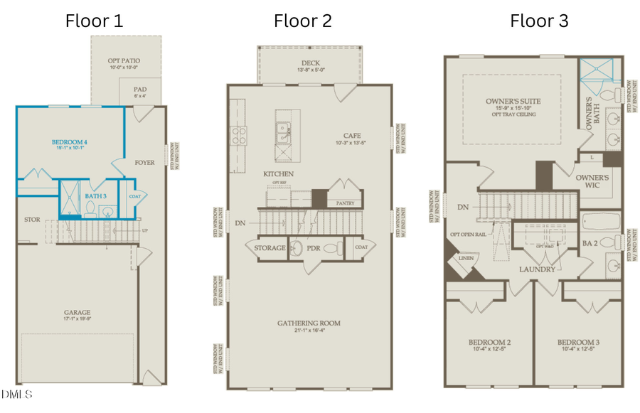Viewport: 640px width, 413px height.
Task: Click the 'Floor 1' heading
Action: (x=94, y=21)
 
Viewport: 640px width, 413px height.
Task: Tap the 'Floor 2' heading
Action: (x=303, y=21)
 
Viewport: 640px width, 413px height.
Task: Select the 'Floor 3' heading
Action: (x=539, y=21)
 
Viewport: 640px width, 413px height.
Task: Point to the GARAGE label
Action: (x=75, y=312)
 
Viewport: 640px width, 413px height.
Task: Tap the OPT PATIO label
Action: (x=126, y=62)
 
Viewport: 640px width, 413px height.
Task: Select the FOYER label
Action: (x=144, y=163)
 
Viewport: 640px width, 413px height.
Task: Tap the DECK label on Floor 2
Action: (x=310, y=63)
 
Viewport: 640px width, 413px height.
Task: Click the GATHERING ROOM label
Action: (x=309, y=323)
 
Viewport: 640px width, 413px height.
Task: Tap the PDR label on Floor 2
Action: (x=314, y=248)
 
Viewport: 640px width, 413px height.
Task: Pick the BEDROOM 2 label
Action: (x=489, y=342)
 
